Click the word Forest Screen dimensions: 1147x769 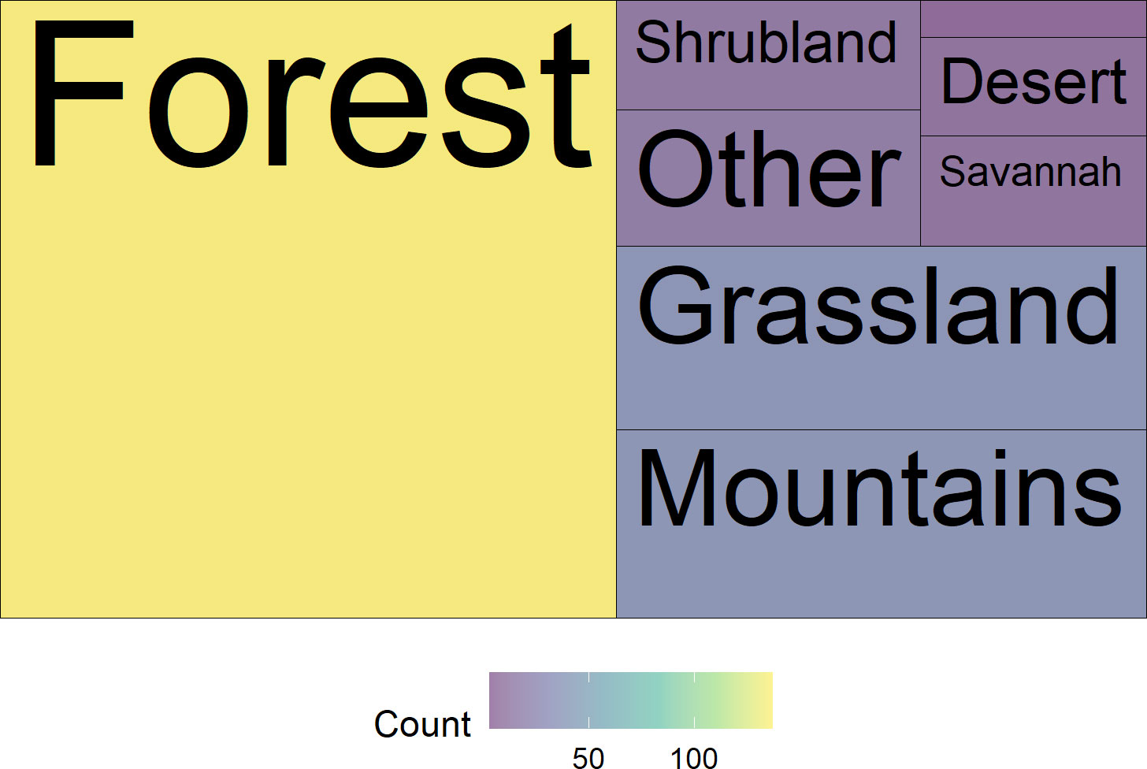click(312, 95)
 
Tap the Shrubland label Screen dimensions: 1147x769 click(766, 42)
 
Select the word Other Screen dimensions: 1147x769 click(770, 169)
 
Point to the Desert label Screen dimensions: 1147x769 click(1034, 81)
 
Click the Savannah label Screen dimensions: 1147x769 click(1030, 172)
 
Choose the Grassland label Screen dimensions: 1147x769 click(878, 306)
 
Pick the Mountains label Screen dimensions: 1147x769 click(880, 488)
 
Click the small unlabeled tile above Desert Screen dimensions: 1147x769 click(1034, 19)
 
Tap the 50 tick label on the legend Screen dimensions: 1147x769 click(588, 757)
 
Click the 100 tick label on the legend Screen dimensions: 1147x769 click(694, 757)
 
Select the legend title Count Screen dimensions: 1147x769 click(422, 724)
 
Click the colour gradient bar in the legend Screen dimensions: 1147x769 click(631, 700)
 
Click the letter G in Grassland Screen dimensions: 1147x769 click(675, 306)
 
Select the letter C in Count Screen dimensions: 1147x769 click(389, 724)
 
